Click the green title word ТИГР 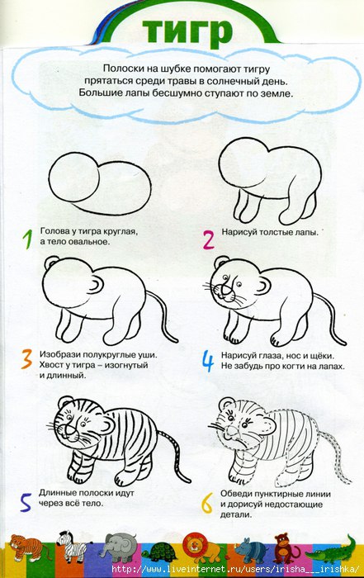pos(187,31)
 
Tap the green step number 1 pos(27,239)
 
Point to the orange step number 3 pos(27,359)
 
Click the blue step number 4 pos(207,361)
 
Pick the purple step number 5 pos(26,502)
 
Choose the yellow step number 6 pos(207,504)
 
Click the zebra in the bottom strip pos(72,545)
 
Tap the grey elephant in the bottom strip pos(119,547)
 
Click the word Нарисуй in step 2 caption pos(239,232)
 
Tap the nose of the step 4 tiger pos(223,291)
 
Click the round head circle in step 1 pos(74,178)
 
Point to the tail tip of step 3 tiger pos(176,341)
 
